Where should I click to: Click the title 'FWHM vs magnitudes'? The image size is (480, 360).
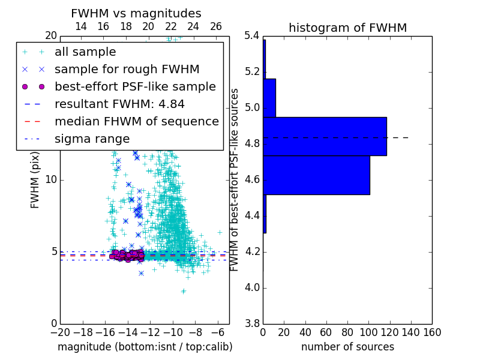pyautogui.click(x=136, y=13)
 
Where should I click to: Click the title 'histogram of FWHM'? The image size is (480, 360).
pyautogui.click(x=347, y=28)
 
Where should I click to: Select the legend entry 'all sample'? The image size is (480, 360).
pyautogui.click(x=85, y=52)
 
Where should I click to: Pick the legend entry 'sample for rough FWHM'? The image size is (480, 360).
pyautogui.click(x=127, y=69)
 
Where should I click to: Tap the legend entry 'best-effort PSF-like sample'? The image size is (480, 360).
pyautogui.click(x=135, y=86)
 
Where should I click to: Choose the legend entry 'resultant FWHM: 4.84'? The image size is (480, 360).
pyautogui.click(x=119, y=104)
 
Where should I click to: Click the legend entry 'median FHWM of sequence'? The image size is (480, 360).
pyautogui.click(x=136, y=121)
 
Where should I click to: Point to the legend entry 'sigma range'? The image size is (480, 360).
pyautogui.click(x=92, y=139)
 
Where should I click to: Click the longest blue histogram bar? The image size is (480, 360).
pyautogui.click(x=325, y=136)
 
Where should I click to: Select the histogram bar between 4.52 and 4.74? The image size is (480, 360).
pyautogui.click(x=316, y=175)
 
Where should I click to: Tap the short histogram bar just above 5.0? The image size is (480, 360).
pyautogui.click(x=269, y=98)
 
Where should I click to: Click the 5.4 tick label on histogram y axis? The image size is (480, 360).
pyautogui.click(x=251, y=36)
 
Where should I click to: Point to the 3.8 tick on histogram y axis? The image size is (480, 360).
pyautogui.click(x=251, y=323)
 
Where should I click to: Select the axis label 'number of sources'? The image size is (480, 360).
pyautogui.click(x=347, y=347)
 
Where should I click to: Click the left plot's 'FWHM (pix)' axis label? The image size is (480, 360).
pyautogui.click(x=35, y=179)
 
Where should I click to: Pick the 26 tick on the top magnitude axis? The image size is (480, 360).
pyautogui.click(x=216, y=26)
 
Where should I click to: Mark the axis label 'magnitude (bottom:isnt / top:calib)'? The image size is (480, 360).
pyautogui.click(x=145, y=347)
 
